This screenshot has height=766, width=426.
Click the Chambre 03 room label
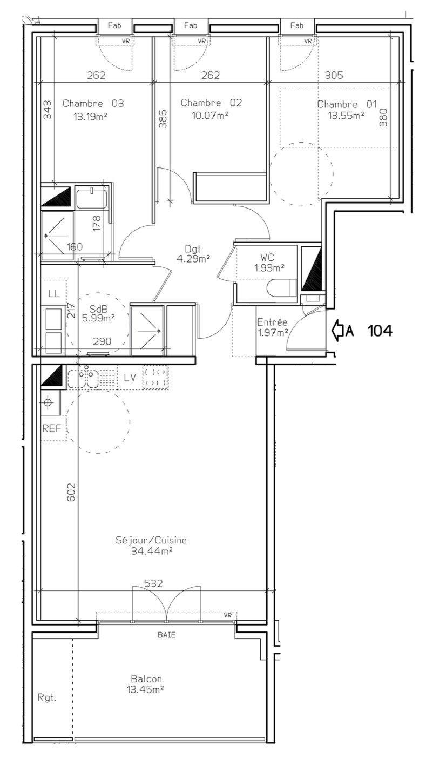[x=93, y=103]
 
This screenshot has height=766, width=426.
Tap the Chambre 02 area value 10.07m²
[x=210, y=116]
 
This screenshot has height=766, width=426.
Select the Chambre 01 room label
[x=347, y=104]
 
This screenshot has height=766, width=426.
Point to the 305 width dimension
[x=334, y=75]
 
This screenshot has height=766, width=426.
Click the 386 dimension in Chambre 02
[x=163, y=119]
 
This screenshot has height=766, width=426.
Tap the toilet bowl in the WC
[x=281, y=288]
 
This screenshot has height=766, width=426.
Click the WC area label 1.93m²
[x=269, y=268]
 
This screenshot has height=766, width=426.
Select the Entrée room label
[x=272, y=322]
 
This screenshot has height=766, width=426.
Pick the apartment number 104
[x=380, y=331]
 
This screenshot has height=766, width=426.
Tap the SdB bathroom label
[x=98, y=309]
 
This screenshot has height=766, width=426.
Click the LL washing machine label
[x=54, y=293]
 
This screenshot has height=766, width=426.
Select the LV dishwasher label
[x=130, y=378]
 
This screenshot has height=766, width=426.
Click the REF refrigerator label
[x=52, y=428]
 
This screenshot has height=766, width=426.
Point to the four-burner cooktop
[x=155, y=378]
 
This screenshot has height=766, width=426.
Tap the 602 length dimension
[x=71, y=493]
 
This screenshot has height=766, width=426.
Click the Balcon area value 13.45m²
[x=145, y=689]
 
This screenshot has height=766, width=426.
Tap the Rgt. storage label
[x=46, y=697]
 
